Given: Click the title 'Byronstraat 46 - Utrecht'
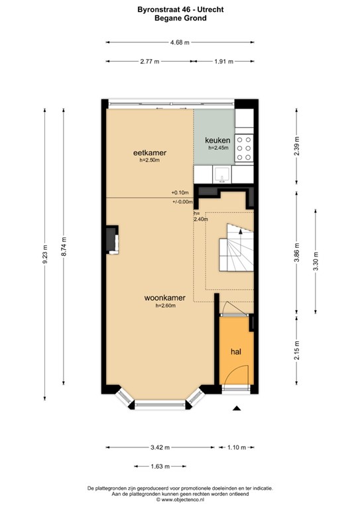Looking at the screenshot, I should pyautogui.click(x=180, y=10).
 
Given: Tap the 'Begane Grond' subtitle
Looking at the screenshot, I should pyautogui.click(x=180, y=19).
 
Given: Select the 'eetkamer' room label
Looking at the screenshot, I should pyautogui.click(x=149, y=152).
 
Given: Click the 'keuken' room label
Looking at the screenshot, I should pyautogui.click(x=217, y=141).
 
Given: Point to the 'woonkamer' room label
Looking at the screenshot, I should pyautogui.click(x=165, y=298).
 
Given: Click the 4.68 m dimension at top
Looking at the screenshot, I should pyautogui.click(x=180, y=42).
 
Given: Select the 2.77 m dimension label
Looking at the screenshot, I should pyautogui.click(x=149, y=62).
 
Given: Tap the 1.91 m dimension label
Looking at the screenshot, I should pyautogui.click(x=224, y=62).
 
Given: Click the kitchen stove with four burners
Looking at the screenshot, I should pyautogui.click(x=244, y=148).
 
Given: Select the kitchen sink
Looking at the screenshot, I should pyautogui.click(x=221, y=174).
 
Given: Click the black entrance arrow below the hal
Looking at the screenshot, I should pyautogui.click(x=237, y=409).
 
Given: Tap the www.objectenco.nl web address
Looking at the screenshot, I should pyautogui.click(x=180, y=500).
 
